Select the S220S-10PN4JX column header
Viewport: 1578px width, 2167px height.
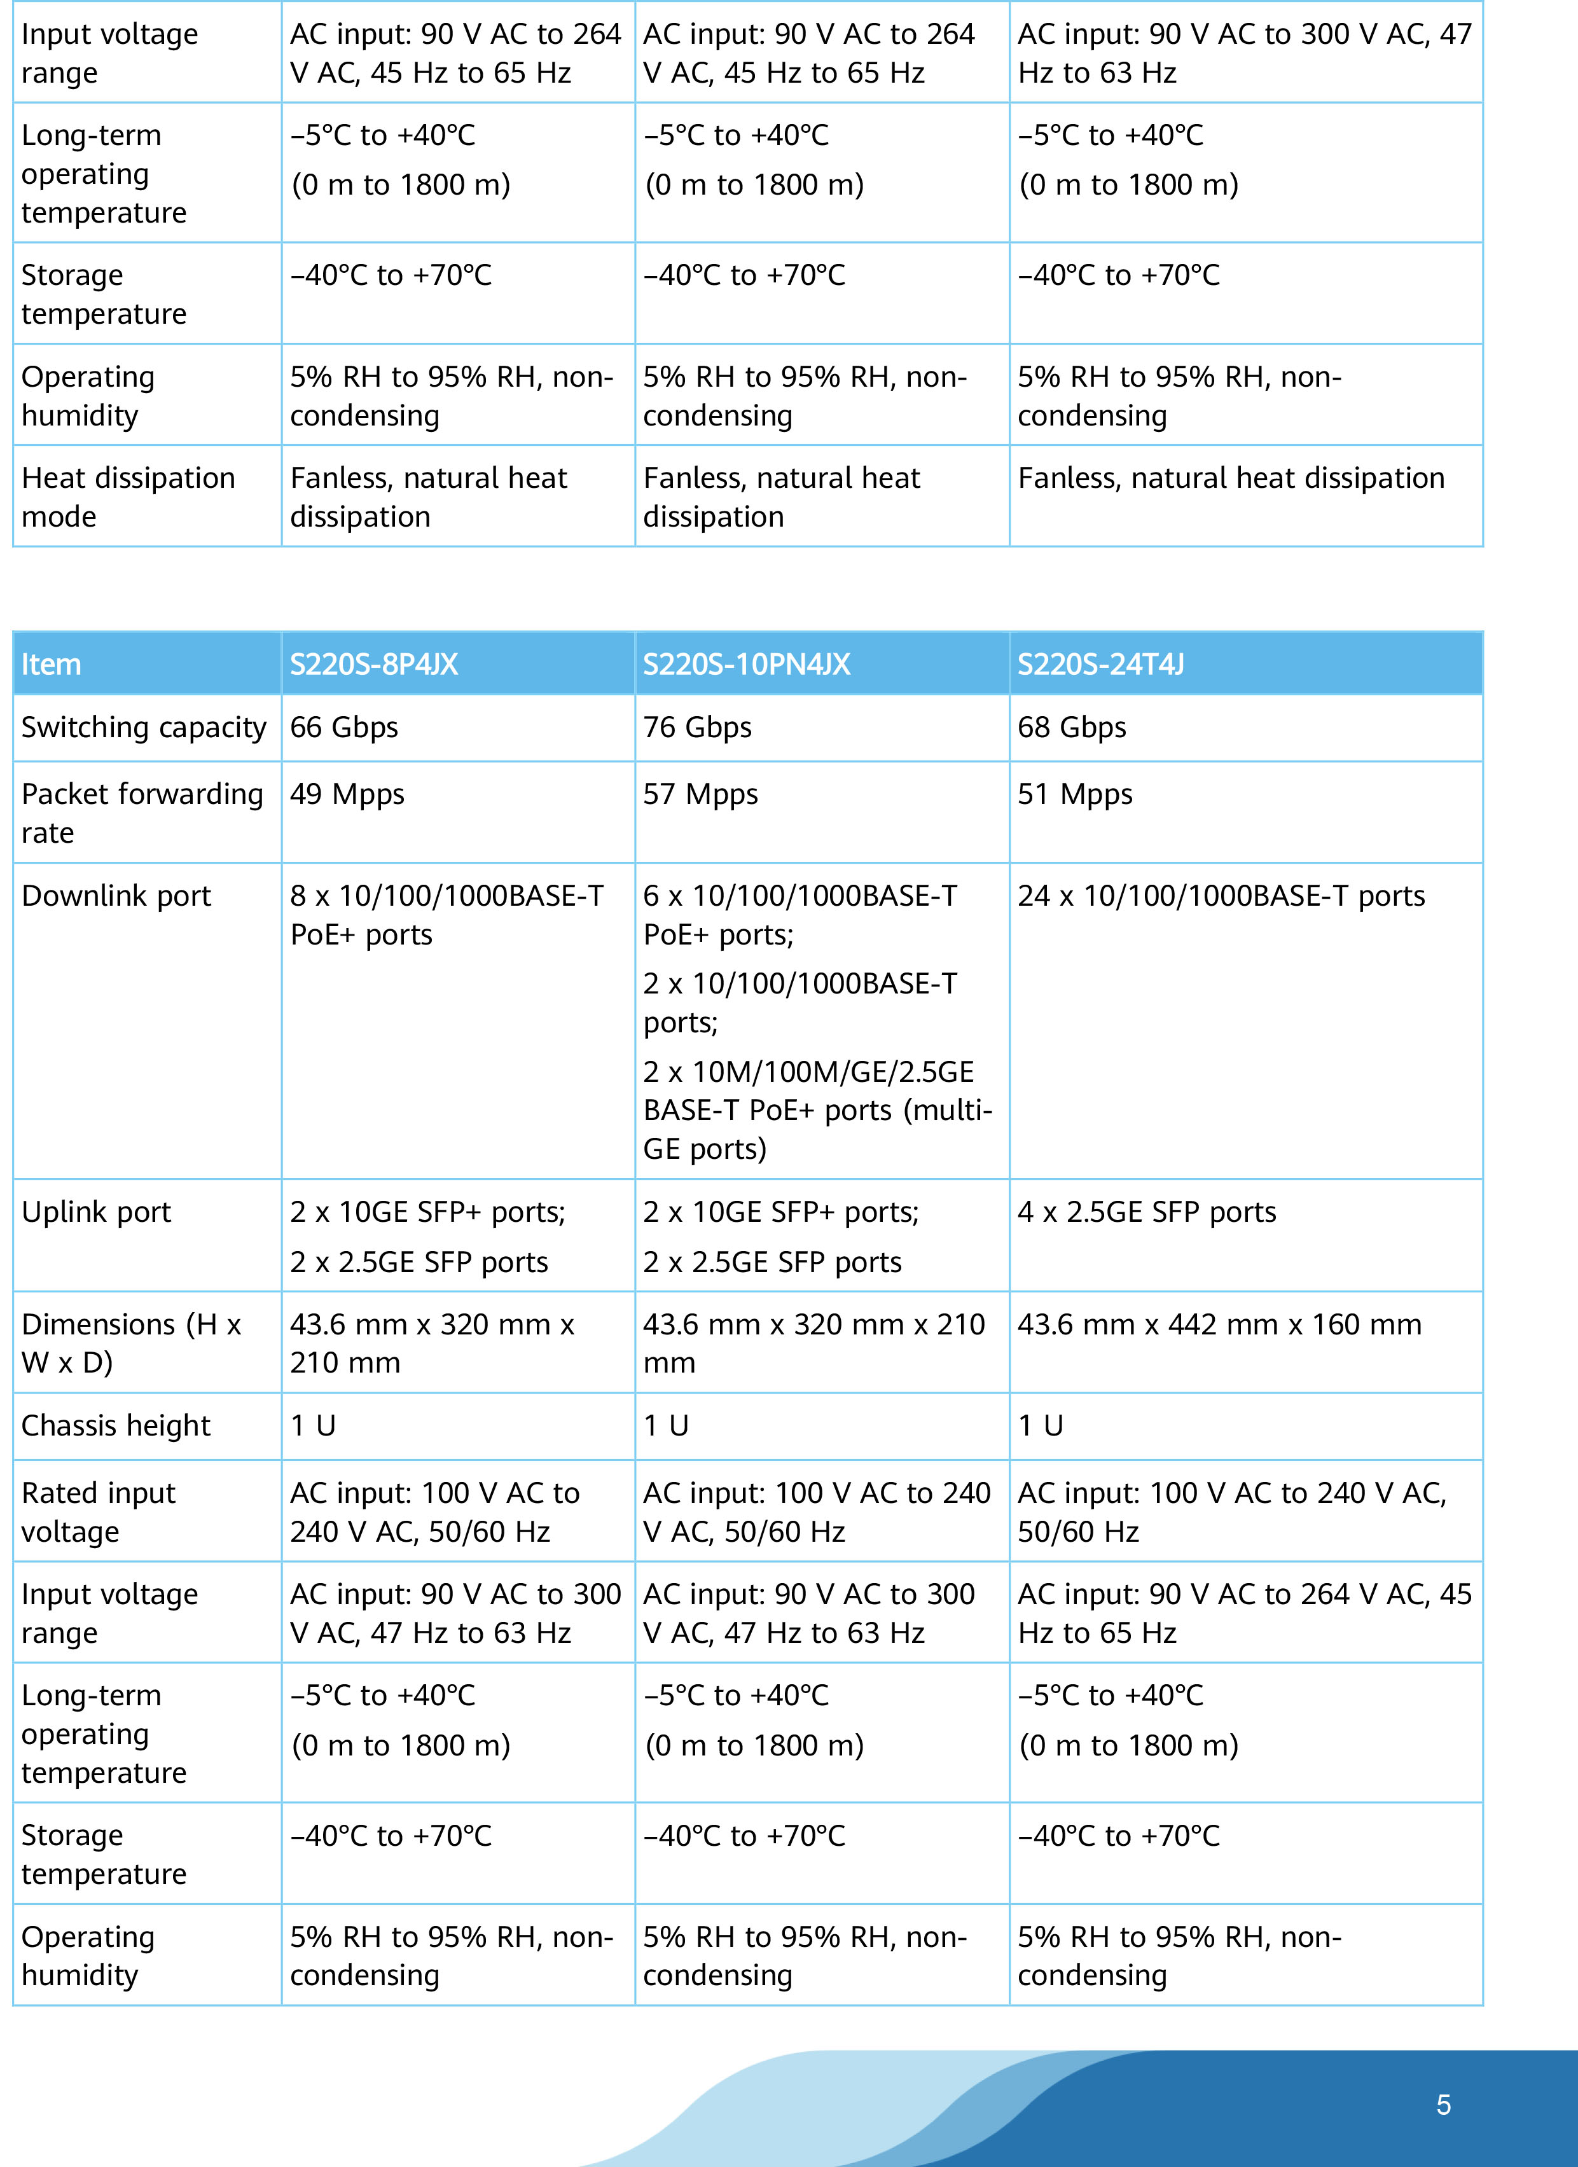click(x=746, y=664)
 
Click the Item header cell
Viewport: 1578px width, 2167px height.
click(x=52, y=664)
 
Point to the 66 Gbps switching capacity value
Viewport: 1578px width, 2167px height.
click(x=344, y=727)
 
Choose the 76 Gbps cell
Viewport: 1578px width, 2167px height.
click(x=697, y=727)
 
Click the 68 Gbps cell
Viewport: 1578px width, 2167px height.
click(x=1072, y=727)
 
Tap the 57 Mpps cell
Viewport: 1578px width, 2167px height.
click(x=700, y=794)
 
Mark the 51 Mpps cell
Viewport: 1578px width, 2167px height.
click(x=1075, y=794)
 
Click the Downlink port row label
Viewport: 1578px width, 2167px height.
click(x=116, y=896)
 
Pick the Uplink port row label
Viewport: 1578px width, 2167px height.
click(x=97, y=1212)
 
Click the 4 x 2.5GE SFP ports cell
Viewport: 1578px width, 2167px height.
click(x=1146, y=1212)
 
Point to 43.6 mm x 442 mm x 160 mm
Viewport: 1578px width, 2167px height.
click(x=1219, y=1324)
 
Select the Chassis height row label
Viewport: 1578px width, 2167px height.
click(x=116, y=1425)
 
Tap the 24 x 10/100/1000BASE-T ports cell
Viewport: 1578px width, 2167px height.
click(x=1221, y=896)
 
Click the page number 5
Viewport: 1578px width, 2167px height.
click(x=1443, y=2105)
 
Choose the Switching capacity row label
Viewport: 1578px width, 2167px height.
click(x=143, y=727)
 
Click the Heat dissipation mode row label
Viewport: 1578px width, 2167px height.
click(x=128, y=497)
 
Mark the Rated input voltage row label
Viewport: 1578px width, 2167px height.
click(x=99, y=1511)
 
